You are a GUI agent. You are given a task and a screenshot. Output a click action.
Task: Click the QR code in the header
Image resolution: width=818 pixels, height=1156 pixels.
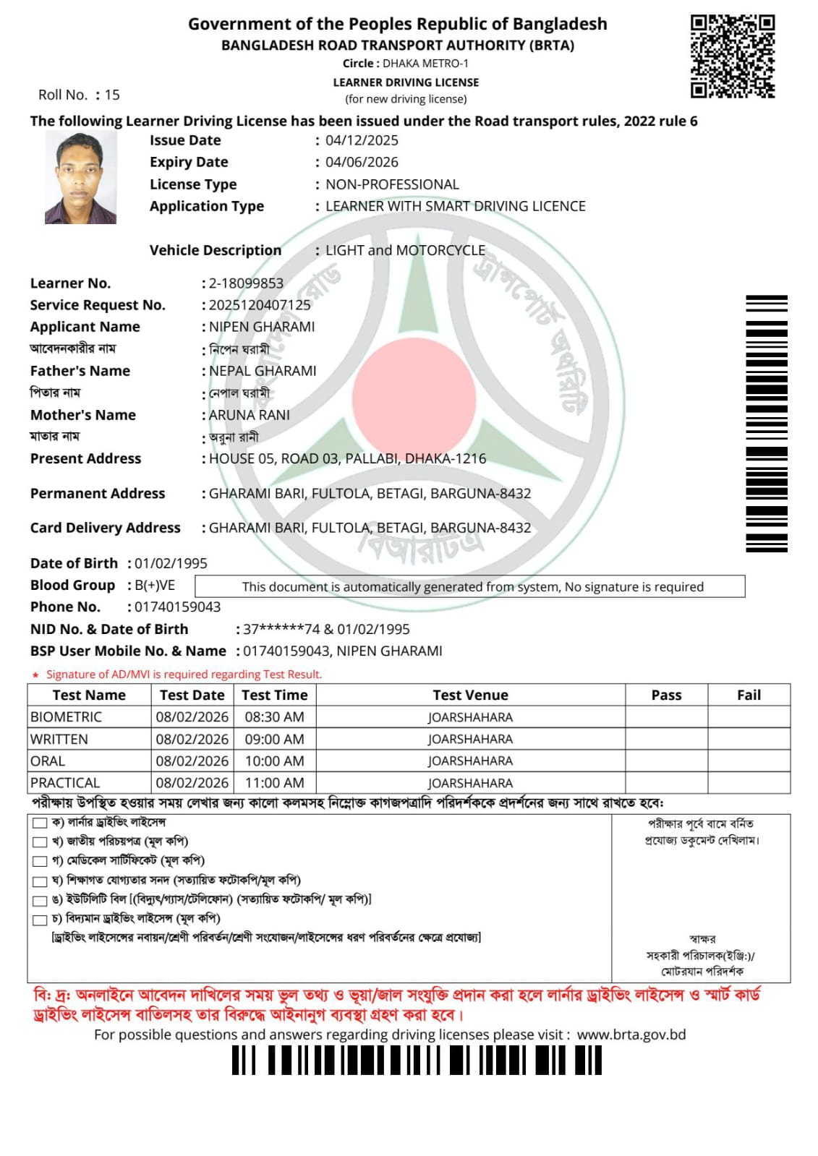point(732,56)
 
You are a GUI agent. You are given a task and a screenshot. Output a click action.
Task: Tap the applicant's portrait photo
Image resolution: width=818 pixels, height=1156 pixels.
point(80,177)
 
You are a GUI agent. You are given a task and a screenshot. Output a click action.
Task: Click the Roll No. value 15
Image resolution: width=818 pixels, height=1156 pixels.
point(112,95)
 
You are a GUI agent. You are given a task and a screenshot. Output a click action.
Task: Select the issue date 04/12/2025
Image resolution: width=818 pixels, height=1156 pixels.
point(362,140)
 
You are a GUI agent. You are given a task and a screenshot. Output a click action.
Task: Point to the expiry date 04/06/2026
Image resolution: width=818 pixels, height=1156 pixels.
point(362,162)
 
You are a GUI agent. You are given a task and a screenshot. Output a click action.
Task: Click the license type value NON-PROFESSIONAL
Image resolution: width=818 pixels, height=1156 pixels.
point(392,184)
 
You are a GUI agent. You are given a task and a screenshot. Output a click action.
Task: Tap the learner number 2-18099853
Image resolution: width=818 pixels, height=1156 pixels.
point(246,283)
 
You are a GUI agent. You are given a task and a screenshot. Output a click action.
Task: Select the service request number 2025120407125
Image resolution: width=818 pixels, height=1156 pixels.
point(260,305)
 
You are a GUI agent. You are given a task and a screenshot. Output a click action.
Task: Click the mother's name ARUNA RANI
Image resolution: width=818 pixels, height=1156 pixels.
point(250,415)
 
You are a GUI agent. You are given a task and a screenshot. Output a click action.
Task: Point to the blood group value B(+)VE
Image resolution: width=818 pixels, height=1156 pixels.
point(155,585)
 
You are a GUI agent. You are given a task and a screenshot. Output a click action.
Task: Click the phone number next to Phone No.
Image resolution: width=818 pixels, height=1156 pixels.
point(178,607)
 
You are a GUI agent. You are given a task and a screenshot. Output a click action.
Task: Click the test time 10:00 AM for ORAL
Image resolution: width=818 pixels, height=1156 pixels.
point(274,761)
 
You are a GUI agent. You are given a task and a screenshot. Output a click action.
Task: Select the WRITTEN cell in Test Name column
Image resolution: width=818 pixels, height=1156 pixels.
point(59,739)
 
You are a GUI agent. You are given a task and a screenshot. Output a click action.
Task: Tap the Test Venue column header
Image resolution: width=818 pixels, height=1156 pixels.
point(470,695)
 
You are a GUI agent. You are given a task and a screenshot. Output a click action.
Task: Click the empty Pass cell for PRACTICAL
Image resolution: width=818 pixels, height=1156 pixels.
point(666,782)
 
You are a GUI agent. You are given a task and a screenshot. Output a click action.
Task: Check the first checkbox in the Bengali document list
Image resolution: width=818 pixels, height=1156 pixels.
point(40,823)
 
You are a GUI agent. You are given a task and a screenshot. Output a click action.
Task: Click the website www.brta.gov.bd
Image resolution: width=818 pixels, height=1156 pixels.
point(631,1035)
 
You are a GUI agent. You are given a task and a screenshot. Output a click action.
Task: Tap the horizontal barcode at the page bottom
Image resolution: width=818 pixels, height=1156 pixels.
point(417,1061)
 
